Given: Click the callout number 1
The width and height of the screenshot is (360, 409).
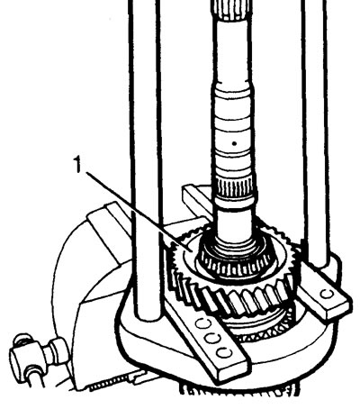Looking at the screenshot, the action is [78, 166].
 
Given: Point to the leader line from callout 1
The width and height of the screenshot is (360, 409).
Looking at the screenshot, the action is [138, 210].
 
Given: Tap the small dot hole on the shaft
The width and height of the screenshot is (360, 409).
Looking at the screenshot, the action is [235, 143].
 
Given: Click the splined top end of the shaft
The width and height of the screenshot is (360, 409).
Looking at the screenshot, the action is [231, 9].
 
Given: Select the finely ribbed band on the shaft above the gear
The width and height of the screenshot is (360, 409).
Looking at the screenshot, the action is [237, 187].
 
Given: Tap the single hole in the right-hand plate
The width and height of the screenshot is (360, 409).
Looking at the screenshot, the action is [328, 294].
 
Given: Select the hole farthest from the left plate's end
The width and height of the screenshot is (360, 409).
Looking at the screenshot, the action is [202, 324].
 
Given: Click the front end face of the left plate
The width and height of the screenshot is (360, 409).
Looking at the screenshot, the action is [232, 368].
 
